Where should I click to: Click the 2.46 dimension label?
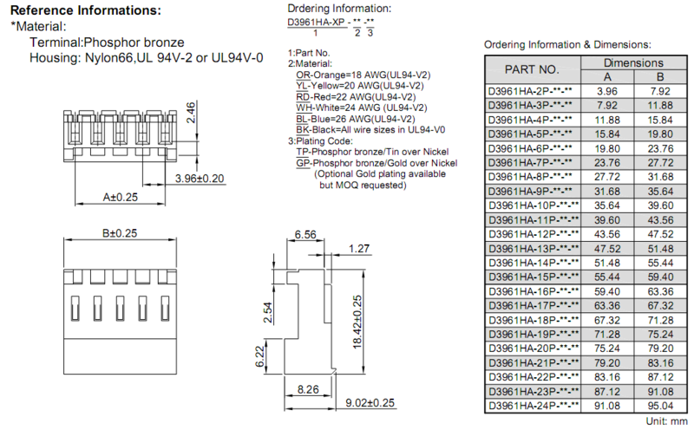coord(190,113)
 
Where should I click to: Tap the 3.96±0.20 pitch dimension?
coord(200,179)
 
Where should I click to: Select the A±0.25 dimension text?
coord(121,197)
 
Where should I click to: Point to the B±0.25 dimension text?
coord(120,232)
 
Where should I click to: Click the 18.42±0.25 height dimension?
coord(357,322)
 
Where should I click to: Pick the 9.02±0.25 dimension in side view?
coord(370,402)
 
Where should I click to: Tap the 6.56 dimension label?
coord(305,234)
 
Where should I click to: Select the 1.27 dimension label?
coord(359,249)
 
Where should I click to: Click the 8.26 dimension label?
coord(308,389)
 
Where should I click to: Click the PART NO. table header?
coord(532,69)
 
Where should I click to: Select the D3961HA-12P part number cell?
coord(534,234)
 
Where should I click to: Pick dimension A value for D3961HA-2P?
coord(606,91)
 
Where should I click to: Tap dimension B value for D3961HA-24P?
coord(660,406)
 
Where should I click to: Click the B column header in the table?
coord(660,76)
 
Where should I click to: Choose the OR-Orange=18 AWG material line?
coord(363,75)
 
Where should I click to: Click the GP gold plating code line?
coord(376,163)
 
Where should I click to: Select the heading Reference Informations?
coord(86,10)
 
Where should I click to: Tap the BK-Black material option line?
coord(370,130)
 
